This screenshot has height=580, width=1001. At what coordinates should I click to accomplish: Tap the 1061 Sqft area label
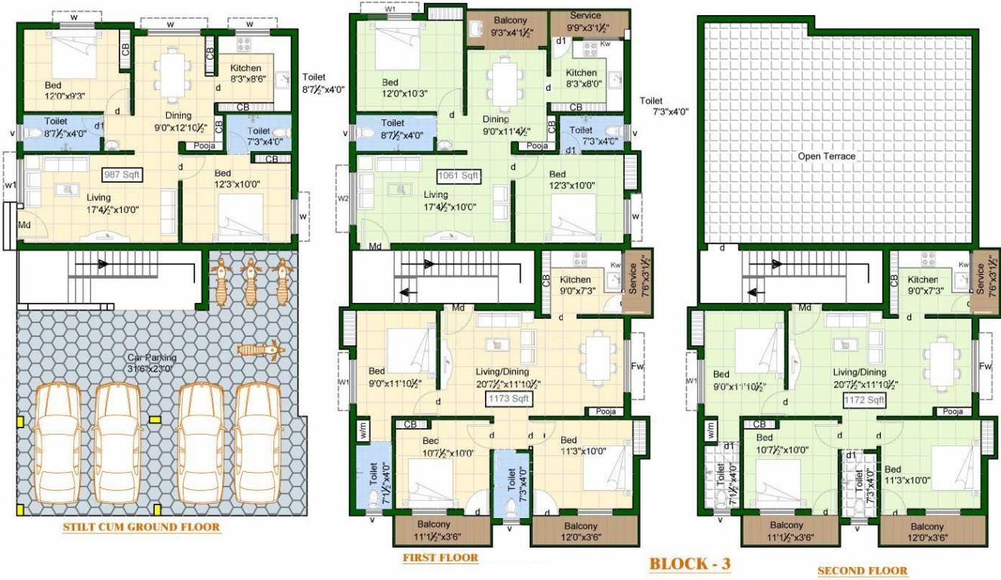coord(459,176)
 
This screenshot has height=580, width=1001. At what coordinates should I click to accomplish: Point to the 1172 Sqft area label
coord(865,400)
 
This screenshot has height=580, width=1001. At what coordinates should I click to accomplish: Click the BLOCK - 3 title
coord(690,563)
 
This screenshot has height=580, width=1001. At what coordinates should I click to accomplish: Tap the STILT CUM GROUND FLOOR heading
coord(141,527)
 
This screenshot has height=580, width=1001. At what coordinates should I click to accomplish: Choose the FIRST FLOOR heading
coord(440,558)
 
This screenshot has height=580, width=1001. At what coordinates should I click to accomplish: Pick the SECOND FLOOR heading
coord(863,571)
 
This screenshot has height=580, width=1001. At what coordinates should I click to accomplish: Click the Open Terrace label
coord(827,156)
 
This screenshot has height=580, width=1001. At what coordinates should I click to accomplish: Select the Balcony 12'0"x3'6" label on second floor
coord(926,532)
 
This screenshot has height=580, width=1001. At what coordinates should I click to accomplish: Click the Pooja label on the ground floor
coord(205,146)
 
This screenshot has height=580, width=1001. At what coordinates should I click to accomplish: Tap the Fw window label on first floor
coord(636,367)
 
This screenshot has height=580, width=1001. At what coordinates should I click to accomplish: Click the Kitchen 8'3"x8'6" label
coord(246,73)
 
